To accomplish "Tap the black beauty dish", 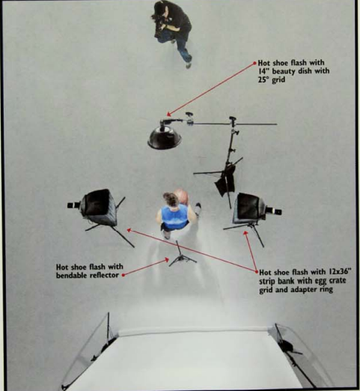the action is point(165,138).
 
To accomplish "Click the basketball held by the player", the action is point(181,196).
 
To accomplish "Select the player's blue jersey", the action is point(174,216).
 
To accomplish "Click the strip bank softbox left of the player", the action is point(100,205).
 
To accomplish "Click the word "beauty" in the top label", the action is point(285,72).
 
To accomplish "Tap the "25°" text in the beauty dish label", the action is point(263,80).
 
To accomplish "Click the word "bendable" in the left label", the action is point(70,276).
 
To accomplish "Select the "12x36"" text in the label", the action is point(340,271).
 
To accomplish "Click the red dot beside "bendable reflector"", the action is point(123,275).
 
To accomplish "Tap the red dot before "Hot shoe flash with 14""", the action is point(254,63).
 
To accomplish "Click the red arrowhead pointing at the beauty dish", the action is point(168,115).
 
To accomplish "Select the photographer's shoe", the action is point(189,65).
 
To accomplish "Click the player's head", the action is point(170,198).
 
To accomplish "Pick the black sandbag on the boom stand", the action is point(225,181).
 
